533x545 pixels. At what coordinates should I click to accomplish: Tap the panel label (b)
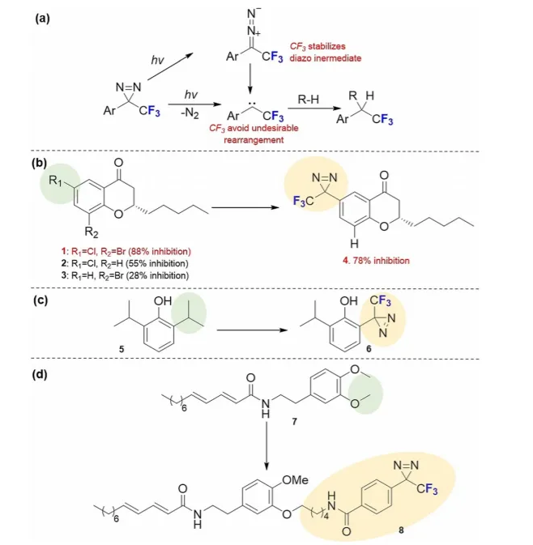[42, 162]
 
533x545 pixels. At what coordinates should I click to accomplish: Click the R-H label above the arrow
[308, 100]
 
